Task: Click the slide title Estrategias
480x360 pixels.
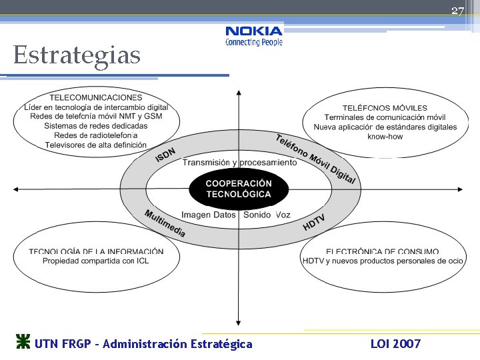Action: tap(77, 55)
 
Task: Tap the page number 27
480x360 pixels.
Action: tap(457, 11)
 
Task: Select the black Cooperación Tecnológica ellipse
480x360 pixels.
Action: tap(239, 189)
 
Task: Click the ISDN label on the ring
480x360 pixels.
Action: tap(165, 155)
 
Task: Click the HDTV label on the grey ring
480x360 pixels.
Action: tap(314, 223)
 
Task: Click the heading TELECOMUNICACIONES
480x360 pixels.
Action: tap(96, 98)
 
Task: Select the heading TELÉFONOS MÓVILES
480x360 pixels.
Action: tap(385, 108)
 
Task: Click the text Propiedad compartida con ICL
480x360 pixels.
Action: tap(96, 261)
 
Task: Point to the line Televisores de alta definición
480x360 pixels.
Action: tap(96, 145)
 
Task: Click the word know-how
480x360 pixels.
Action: tap(385, 137)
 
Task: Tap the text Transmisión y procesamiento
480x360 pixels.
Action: tap(239, 163)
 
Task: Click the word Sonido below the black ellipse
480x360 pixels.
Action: tap(257, 215)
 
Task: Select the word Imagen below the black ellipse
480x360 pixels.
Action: tap(196, 215)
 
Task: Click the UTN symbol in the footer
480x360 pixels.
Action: tap(23, 343)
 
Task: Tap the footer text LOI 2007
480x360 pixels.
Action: tap(395, 344)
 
